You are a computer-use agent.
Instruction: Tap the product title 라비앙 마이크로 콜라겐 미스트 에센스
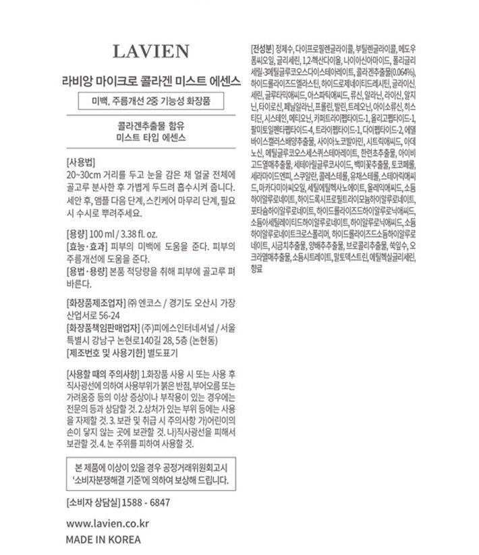(x=150, y=78)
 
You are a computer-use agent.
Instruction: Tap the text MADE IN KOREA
(x=103, y=539)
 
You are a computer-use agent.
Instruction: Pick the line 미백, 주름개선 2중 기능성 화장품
(x=150, y=103)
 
